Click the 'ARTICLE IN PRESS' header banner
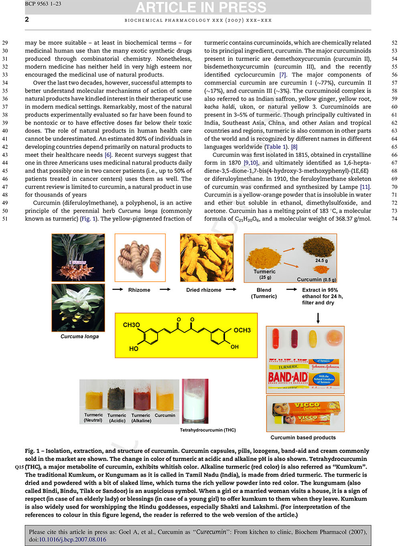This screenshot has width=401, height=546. (x=200, y=7)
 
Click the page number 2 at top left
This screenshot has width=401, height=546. (x=27, y=19)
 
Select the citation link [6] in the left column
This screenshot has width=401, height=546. (x=108, y=155)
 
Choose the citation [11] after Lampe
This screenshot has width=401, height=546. (x=365, y=187)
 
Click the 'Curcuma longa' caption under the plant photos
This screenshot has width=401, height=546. (x=79, y=336)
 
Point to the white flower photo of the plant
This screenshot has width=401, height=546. (x=78, y=307)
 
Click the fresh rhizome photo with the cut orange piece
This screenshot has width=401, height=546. (x=140, y=258)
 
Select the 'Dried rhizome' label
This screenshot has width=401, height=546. (x=203, y=290)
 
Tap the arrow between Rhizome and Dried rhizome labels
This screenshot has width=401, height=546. (x=165, y=289)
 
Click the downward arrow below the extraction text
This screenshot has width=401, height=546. (x=318, y=318)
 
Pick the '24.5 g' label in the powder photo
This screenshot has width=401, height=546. (x=321, y=260)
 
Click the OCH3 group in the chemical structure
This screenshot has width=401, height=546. (x=242, y=330)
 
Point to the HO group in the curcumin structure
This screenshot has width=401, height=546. (x=134, y=349)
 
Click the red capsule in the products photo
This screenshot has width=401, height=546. (x=275, y=338)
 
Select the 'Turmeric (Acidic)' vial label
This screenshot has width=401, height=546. (x=117, y=418)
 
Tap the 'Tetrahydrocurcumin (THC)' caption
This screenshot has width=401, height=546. (x=208, y=430)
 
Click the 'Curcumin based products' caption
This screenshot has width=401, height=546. (x=303, y=438)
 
